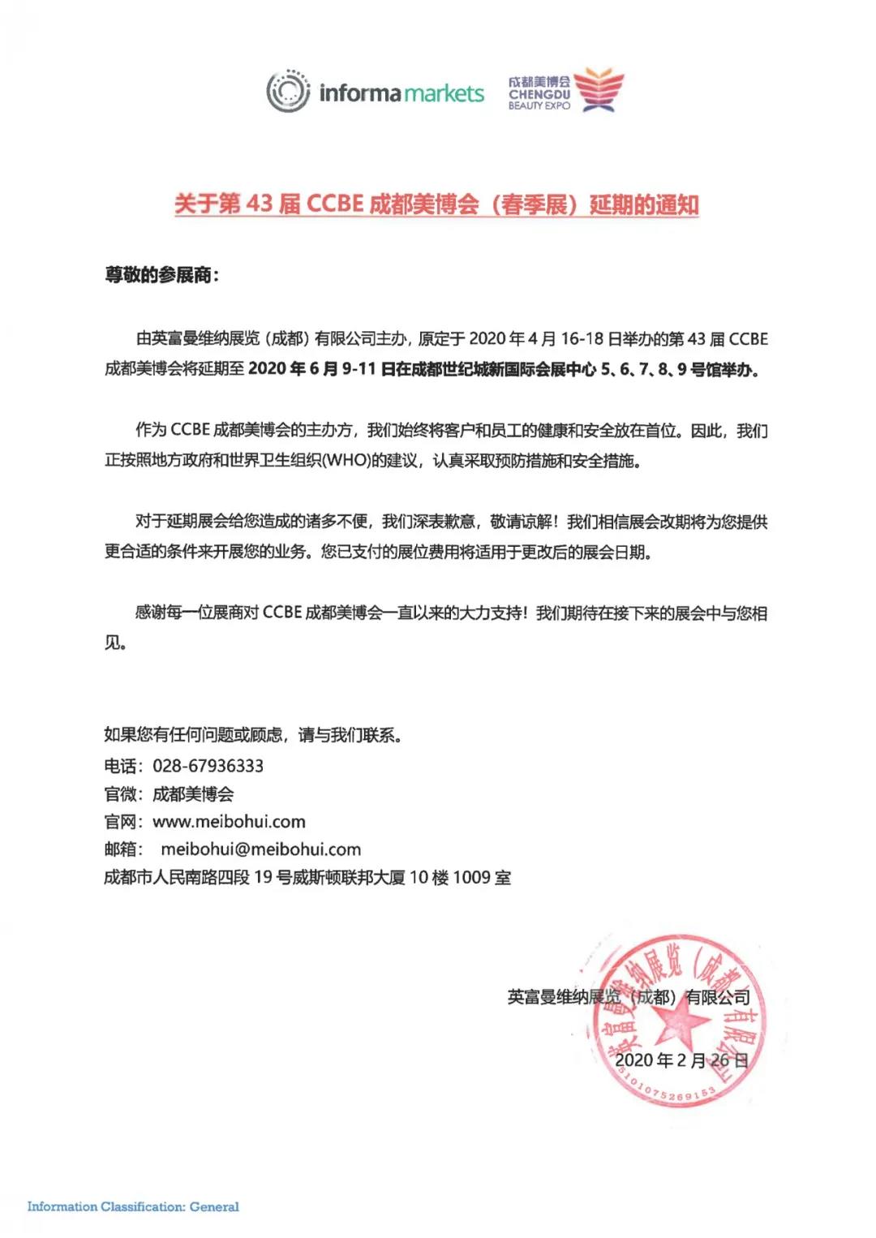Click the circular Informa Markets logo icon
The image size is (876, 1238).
[x=288, y=92]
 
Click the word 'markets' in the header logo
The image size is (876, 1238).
[x=444, y=93]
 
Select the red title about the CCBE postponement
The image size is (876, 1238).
[x=436, y=204]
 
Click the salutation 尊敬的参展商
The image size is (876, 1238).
[x=161, y=275]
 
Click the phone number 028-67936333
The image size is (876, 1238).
[x=208, y=766]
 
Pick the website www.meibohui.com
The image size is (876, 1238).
[x=229, y=822]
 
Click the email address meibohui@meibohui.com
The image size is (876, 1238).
[x=260, y=849]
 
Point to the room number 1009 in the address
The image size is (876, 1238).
[x=471, y=877]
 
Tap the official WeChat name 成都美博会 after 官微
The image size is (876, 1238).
[x=193, y=794]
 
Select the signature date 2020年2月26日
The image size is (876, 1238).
[x=681, y=1060]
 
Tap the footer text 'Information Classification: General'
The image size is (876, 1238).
[x=133, y=1206]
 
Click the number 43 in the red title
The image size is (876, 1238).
[x=260, y=204]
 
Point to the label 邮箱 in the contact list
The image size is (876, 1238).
[x=121, y=849]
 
